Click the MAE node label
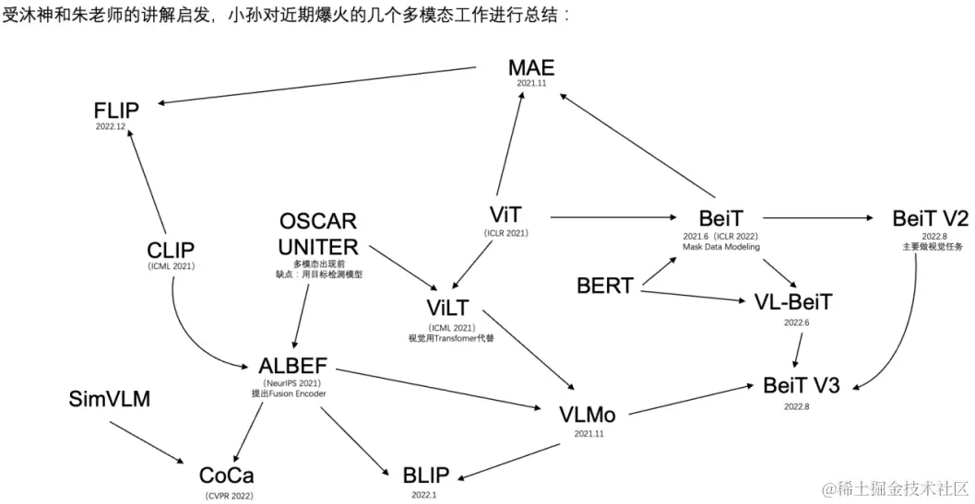(x=531, y=67)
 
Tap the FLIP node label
(x=116, y=111)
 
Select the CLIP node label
(x=171, y=250)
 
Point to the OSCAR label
(x=317, y=222)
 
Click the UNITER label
(x=317, y=247)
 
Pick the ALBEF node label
(x=294, y=366)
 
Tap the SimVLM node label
(x=109, y=399)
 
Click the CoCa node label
(x=226, y=475)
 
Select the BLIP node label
(x=425, y=475)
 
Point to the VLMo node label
(x=588, y=414)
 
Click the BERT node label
(x=604, y=286)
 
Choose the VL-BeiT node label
(x=795, y=303)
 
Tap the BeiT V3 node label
(x=801, y=386)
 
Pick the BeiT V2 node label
(x=930, y=219)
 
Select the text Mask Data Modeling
(x=720, y=247)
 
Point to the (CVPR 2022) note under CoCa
(x=226, y=496)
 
